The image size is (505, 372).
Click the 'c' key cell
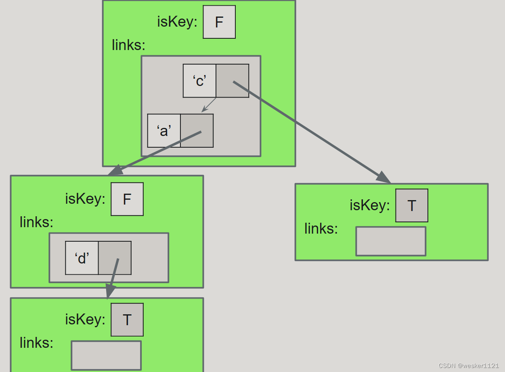pos(199,81)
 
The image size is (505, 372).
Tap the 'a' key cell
pos(164,131)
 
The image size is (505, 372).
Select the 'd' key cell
pos(82,258)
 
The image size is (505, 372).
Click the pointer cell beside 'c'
pos(232,81)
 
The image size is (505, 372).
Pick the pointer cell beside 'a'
pos(197,131)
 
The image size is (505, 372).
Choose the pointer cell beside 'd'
pos(115,258)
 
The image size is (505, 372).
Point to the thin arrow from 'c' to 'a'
pos(209,105)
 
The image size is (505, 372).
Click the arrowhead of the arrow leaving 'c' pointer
pos(385,178)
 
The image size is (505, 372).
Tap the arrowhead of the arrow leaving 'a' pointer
pos(114,171)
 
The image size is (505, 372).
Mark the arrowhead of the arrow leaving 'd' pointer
pos(109,292)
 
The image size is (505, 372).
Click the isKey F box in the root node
pos(219,22)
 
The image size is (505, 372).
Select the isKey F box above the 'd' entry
pos(127,199)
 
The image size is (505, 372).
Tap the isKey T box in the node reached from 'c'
pos(412,205)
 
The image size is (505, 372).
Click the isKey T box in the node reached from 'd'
pos(127,320)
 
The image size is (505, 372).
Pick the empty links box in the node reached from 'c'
pos(391,241)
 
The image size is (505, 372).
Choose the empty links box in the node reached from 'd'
pos(106,355)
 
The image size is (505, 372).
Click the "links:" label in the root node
pos(128,45)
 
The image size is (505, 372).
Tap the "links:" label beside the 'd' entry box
pos(36,222)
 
